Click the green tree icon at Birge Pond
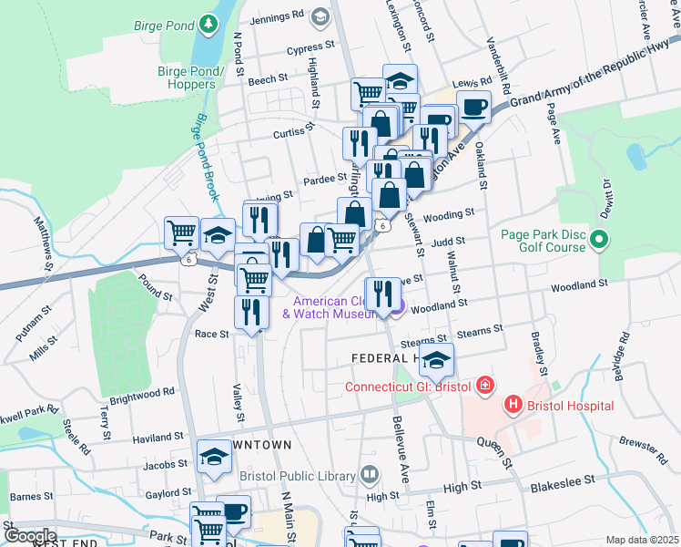pyautogui.click(x=210, y=21)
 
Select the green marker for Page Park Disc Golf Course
pyautogui.click(x=599, y=241)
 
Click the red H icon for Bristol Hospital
pyautogui.click(x=513, y=404)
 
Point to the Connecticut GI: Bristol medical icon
pyautogui.click(x=484, y=385)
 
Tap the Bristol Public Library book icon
pyautogui.click(x=369, y=474)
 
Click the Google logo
pyautogui.click(x=30, y=535)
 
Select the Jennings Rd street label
pyautogui.click(x=278, y=15)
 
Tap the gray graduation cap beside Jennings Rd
pyautogui.click(x=320, y=16)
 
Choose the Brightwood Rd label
pyautogui.click(x=141, y=395)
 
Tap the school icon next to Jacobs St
pyautogui.click(x=214, y=458)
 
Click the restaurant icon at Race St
pyautogui.click(x=249, y=312)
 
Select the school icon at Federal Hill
pyautogui.click(x=437, y=361)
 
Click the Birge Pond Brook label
pyautogui.click(x=204, y=157)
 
